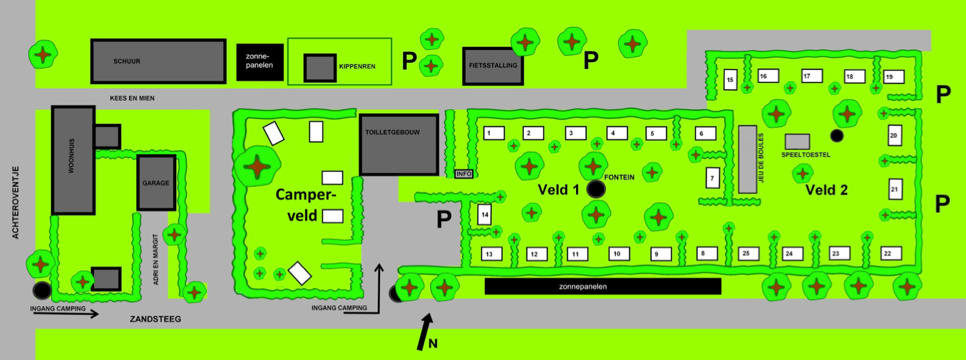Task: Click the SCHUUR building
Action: (158, 61)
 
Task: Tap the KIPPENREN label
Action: (356, 66)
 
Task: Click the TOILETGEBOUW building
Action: (399, 144)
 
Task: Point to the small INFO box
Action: (463, 173)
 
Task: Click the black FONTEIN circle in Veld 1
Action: (595, 189)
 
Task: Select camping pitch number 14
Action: (485, 214)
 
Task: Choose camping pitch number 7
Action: (712, 178)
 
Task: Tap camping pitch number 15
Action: (729, 80)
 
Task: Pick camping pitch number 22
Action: (888, 253)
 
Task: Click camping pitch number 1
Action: (489, 133)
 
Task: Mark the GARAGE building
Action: (155, 183)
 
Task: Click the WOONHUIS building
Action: (73, 160)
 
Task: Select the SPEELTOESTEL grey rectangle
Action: (797, 141)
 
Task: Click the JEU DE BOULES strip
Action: (747, 159)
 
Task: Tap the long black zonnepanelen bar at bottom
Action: (602, 287)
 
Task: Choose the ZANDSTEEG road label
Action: (155, 319)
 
